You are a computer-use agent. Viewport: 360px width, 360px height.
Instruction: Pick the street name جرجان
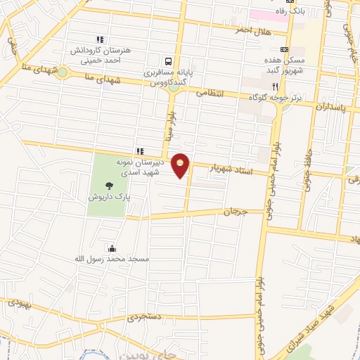pyautogui.click(x=237, y=212)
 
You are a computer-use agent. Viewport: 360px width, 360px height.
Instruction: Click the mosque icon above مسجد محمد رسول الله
pyautogui.click(x=112, y=247)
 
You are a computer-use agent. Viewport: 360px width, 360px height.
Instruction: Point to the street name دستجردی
pyautogui.click(x=143, y=319)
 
